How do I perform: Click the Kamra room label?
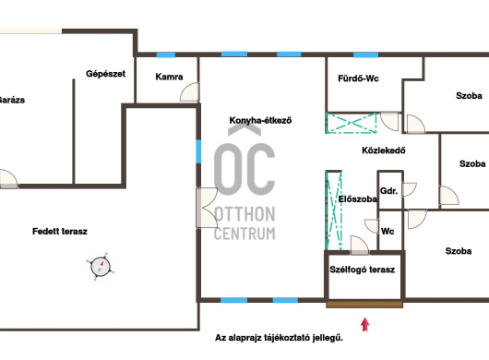point(169,77)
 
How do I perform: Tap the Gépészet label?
point(106,74)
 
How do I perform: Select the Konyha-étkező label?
point(260,120)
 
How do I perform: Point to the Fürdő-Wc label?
point(358,78)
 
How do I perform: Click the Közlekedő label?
point(384,150)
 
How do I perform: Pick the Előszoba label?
point(358,198)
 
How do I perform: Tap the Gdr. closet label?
point(388,190)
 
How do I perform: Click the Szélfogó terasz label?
point(363,270)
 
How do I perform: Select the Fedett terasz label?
point(60,231)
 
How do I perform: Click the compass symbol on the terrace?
point(101,267)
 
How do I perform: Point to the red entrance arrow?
point(365,324)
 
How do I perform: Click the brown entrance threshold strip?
point(364,305)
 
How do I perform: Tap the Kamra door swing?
point(190,91)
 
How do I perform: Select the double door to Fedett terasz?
point(207,208)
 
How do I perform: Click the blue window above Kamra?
point(166,54)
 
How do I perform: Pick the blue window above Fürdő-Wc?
point(365,54)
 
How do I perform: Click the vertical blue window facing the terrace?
point(198,151)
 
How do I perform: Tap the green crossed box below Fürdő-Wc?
point(352,123)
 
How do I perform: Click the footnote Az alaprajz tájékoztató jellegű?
point(280,338)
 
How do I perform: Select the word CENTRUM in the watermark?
point(244,234)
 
